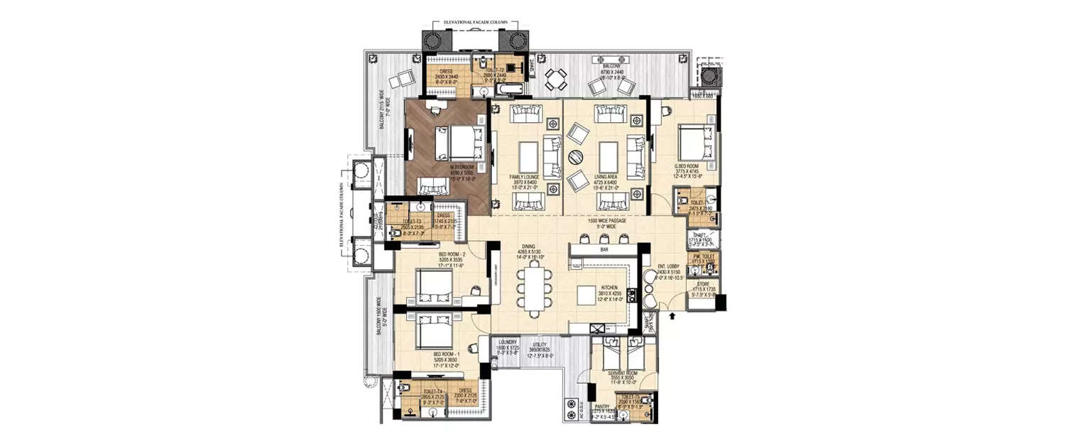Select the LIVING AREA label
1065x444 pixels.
[x=605, y=176]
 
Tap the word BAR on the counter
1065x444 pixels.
[x=604, y=250]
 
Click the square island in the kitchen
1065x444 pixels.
[x=586, y=294]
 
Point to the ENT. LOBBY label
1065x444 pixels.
[x=670, y=266]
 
